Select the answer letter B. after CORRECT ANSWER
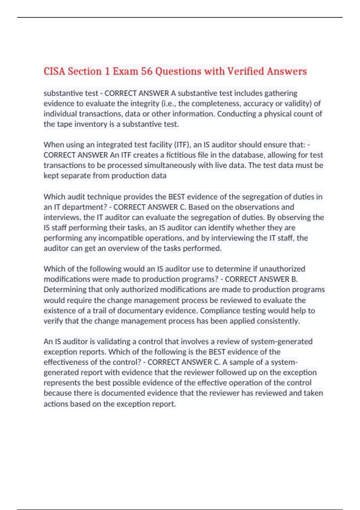pos(294,279)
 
